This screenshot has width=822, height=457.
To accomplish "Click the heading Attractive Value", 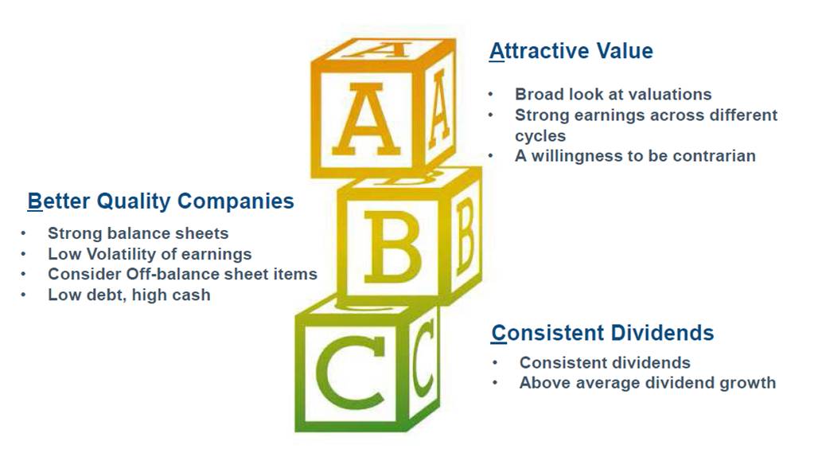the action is tap(571, 51).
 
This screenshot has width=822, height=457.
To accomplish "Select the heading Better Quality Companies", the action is tap(161, 201).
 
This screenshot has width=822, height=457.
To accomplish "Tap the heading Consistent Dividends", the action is tap(602, 333).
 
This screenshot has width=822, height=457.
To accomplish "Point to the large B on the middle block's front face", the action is tap(392, 248).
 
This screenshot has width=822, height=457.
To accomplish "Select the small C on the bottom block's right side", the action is tap(423, 358).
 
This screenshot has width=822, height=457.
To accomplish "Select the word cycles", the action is tap(540, 136).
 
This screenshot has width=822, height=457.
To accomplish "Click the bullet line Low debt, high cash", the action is tap(129, 295).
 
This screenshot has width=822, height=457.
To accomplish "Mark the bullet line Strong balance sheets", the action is tap(138, 233).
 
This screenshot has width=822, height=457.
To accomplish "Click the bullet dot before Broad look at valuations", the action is tap(491, 95).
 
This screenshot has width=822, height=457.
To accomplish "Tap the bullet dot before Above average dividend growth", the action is tap(495, 382).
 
